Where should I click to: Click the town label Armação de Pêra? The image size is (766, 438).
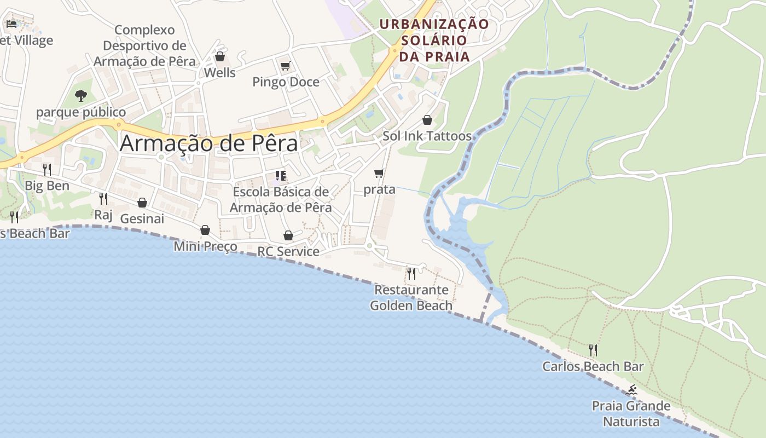coord(208,143)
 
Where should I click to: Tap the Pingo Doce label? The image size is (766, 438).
coord(286,82)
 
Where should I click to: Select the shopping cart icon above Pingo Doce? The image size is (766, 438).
coord(285,66)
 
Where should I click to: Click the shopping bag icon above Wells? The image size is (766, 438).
coord(220,56)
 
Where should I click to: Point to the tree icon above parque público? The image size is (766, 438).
coord(81,96)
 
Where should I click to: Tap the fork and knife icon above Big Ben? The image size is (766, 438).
coord(47,169)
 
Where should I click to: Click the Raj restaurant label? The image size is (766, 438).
coord(103,214)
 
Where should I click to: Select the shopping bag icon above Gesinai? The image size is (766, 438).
coord(142,203)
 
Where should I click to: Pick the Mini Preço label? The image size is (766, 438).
coord(205,246)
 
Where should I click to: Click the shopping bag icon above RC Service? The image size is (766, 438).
coord(288,235)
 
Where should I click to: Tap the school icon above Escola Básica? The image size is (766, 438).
coord(281,176)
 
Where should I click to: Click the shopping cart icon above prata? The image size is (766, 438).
coord(379,174)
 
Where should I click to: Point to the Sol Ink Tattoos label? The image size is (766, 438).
coord(427,136)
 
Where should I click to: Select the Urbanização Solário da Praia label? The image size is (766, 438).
coord(434,40)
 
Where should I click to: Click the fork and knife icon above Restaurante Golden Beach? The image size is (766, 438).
coord(411,273)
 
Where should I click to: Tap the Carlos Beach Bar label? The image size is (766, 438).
coord(593,366)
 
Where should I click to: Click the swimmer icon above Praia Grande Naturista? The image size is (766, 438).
coord(631,390)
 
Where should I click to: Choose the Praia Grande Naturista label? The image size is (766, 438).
coord(631,413)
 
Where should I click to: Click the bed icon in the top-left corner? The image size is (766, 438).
coord(11,24)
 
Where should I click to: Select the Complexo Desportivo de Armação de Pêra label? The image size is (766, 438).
coord(144,45)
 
